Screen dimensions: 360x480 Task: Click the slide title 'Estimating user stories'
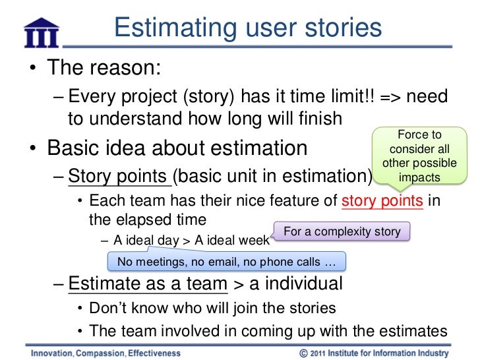247,28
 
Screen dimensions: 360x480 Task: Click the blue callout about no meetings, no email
227,262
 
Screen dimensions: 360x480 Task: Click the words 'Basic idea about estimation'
177,148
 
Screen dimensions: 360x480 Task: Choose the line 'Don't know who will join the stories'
212,308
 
